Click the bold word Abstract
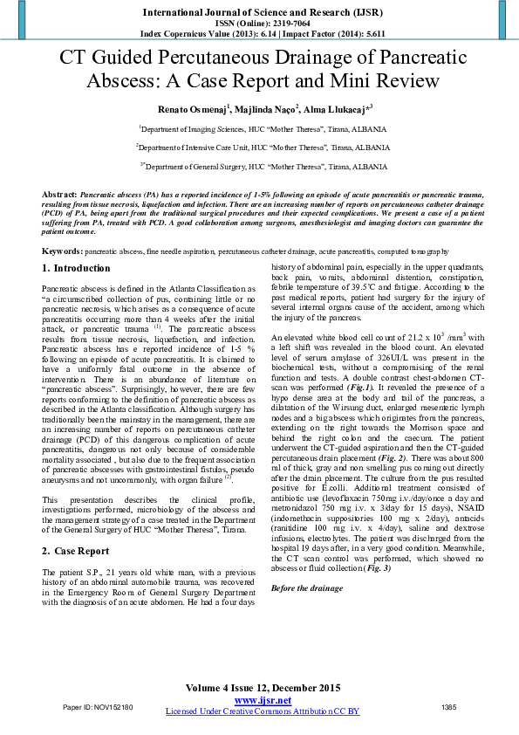click(x=58, y=191)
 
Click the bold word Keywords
click(x=62, y=227)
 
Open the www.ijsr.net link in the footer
click(x=263, y=700)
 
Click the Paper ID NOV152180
click(x=99, y=706)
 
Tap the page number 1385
click(x=449, y=706)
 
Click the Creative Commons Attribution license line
click(x=263, y=711)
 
